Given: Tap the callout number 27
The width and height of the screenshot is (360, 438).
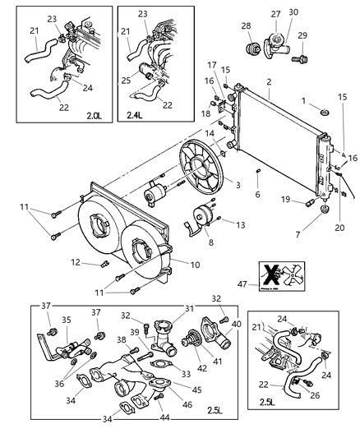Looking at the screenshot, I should (x=275, y=13).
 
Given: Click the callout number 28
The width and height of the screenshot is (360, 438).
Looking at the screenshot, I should (x=247, y=27).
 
